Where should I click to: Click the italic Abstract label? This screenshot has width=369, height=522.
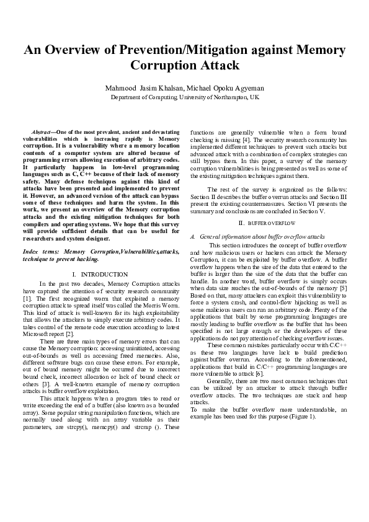42,133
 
